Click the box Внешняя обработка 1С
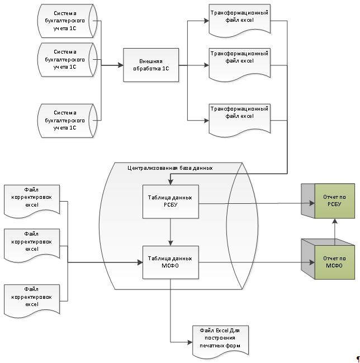[151, 65]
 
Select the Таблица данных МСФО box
[170, 261]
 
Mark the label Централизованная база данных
[170, 167]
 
